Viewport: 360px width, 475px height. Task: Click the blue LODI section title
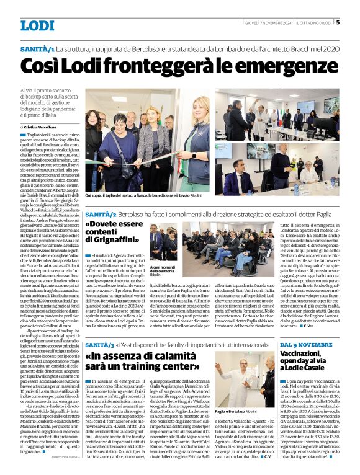point(37,25)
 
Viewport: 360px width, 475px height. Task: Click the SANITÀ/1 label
point(37,48)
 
